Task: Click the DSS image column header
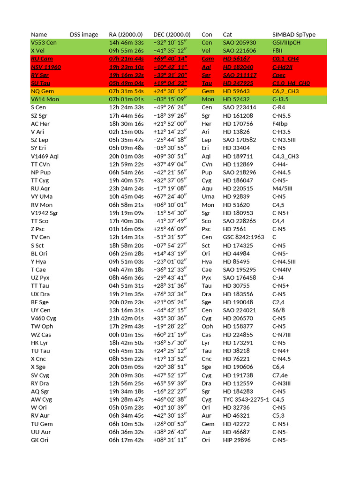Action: (x=84, y=35)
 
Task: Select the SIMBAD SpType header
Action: (x=294, y=35)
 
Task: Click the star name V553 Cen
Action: (x=43, y=43)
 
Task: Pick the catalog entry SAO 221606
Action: (x=240, y=51)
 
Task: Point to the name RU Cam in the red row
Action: (x=42, y=59)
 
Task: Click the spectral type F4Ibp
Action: (x=280, y=124)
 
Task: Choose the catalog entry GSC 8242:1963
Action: (x=244, y=237)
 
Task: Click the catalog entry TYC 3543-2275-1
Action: (x=246, y=399)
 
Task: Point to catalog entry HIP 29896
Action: (x=237, y=440)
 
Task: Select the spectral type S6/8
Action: (x=279, y=310)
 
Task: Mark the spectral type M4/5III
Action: (x=282, y=188)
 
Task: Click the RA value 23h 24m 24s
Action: (x=127, y=188)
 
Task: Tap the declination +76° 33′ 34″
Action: (x=171, y=294)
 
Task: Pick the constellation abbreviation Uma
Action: (x=208, y=197)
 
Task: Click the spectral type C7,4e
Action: (x=281, y=375)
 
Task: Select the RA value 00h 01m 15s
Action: (x=127, y=335)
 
